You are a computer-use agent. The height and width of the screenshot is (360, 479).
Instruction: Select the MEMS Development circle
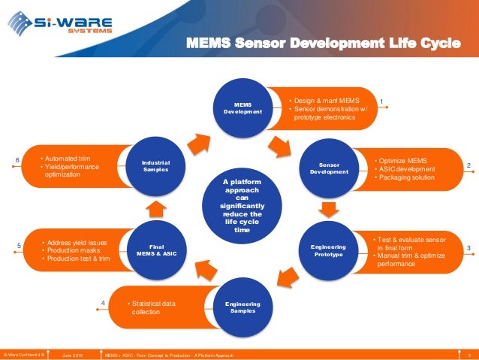tap(243, 108)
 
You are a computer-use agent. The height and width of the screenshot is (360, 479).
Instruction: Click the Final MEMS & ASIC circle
tap(157, 249)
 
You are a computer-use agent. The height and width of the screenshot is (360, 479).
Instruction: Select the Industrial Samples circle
tap(156, 166)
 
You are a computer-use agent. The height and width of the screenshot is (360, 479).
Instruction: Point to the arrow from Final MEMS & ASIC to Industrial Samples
tap(153, 207)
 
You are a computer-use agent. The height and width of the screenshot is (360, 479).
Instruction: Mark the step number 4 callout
tap(102, 303)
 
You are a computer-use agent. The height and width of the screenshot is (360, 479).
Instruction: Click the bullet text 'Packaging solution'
tap(406, 177)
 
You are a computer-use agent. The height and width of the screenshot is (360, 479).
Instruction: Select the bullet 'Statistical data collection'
tap(152, 307)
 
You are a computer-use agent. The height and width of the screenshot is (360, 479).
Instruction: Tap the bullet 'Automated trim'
tap(68, 159)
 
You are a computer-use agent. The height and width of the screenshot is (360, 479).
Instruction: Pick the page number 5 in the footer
tap(468, 354)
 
